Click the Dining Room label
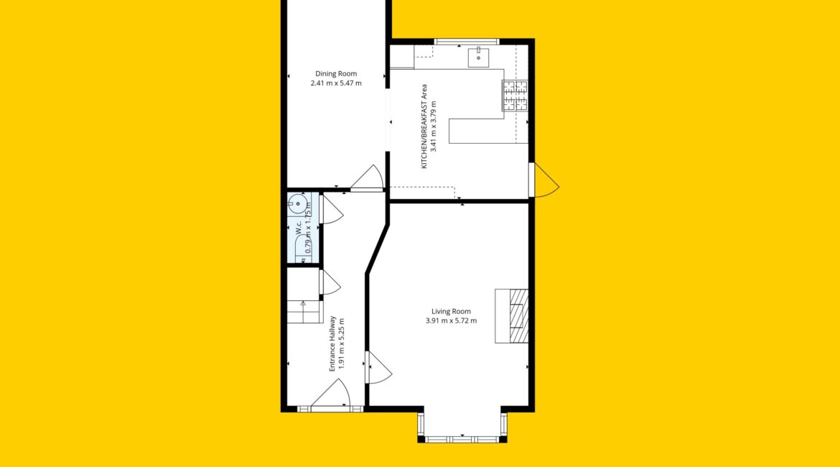coord(336,74)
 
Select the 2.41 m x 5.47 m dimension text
coord(336,83)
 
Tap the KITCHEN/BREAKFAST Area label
coord(424,126)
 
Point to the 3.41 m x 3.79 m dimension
coord(434,126)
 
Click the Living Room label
coord(451,312)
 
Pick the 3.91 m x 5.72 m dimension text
coord(451,320)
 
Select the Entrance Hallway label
coord(332,343)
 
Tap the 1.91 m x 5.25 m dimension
coord(341,343)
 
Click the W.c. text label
coord(299,228)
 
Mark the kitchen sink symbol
coord(478,57)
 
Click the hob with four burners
coord(515,96)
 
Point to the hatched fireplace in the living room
coord(512,316)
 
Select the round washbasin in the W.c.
coord(298,204)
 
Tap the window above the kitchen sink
coord(467,41)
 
